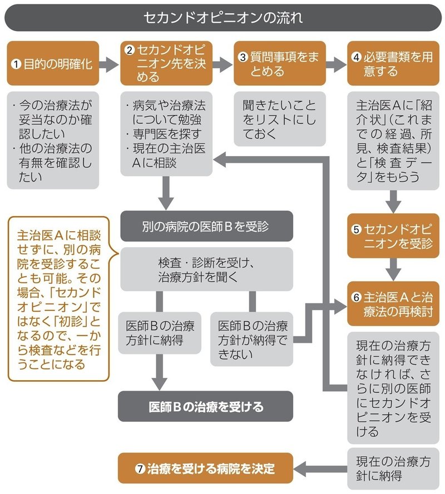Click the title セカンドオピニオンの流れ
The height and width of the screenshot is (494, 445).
click(x=222, y=17)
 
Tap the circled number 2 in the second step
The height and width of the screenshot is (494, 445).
click(x=130, y=50)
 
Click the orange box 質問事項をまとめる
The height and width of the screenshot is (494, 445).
click(x=278, y=63)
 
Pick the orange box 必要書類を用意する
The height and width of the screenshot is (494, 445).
click(x=393, y=63)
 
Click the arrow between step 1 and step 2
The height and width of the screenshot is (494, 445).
click(x=110, y=63)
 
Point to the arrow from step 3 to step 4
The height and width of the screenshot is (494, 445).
click(x=335, y=63)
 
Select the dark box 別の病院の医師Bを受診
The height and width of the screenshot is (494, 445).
click(x=206, y=227)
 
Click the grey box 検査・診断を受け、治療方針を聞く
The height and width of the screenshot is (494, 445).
click(x=206, y=269)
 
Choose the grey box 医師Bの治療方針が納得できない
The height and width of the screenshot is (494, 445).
click(x=251, y=338)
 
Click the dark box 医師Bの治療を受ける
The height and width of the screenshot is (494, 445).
click(x=206, y=407)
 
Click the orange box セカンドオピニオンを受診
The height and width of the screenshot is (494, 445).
click(x=393, y=236)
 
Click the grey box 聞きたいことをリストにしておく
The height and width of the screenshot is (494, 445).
click(x=278, y=119)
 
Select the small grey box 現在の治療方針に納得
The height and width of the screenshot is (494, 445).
click(x=393, y=468)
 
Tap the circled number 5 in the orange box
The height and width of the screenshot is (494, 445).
click(x=357, y=229)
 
